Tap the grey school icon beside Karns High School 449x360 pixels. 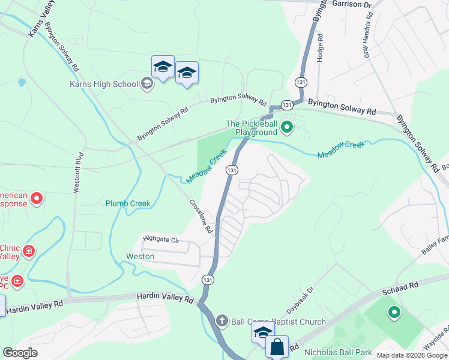[x=146, y=84]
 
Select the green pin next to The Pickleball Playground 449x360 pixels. [x=287, y=127]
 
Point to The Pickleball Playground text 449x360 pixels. [x=252, y=128]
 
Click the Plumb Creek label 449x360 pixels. [x=128, y=203]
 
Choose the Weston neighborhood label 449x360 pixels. [x=140, y=256]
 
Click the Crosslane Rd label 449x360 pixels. [x=201, y=217]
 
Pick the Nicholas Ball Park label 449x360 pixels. [x=338, y=352]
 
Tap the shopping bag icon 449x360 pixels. [x=277, y=347]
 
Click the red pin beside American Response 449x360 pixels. [x=37, y=197]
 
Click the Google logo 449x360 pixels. [x=21, y=353]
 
